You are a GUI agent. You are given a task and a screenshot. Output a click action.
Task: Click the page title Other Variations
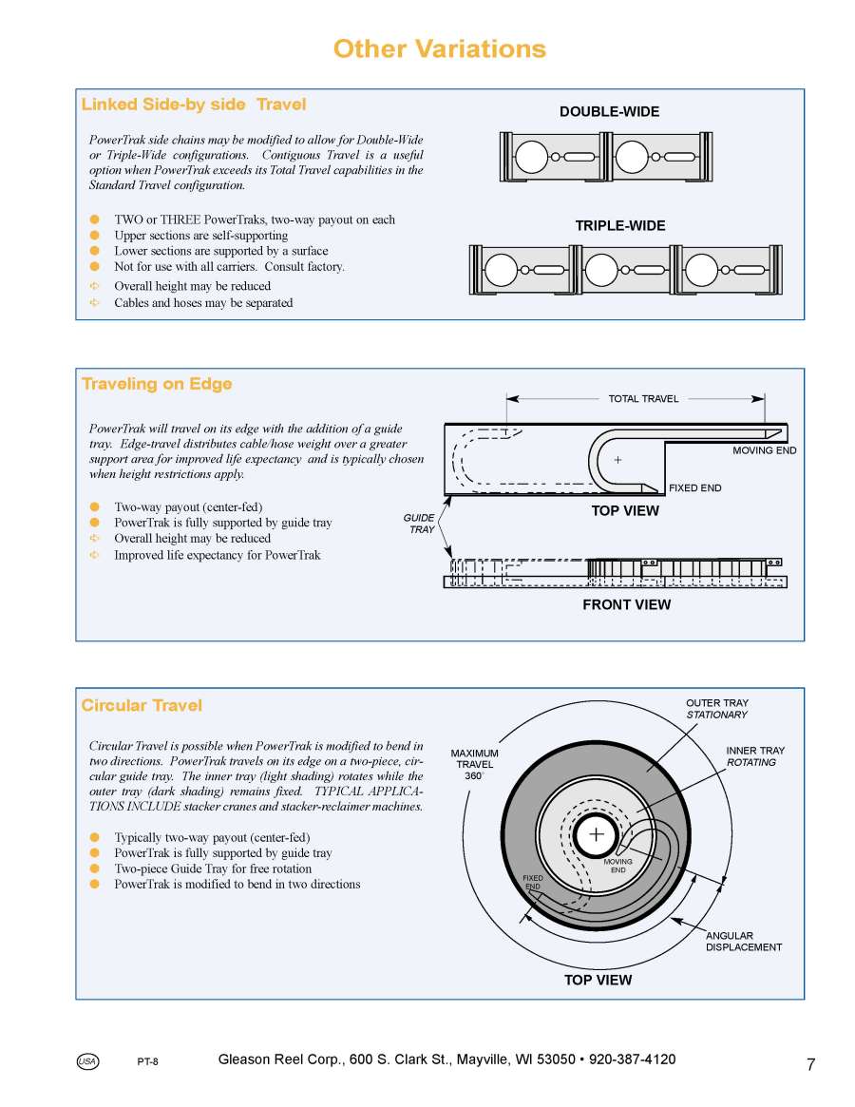tap(440, 49)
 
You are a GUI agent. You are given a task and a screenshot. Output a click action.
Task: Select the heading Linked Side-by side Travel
tap(194, 105)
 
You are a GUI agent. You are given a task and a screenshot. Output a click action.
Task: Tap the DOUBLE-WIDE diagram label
tap(609, 112)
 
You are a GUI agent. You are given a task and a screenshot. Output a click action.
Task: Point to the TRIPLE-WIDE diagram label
tap(620, 226)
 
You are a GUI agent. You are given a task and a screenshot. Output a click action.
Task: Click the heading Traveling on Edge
tap(157, 384)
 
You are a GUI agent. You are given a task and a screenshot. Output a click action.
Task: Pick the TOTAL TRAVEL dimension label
tap(643, 399)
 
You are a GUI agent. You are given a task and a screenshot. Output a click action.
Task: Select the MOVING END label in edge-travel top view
tap(764, 450)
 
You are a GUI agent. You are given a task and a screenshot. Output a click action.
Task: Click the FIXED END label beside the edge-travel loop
tap(694, 488)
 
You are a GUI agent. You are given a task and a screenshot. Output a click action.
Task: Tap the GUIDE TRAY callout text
tap(420, 524)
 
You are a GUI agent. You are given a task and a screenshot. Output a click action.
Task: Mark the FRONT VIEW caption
tap(626, 604)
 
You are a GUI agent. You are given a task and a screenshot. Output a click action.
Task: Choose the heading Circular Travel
tap(142, 705)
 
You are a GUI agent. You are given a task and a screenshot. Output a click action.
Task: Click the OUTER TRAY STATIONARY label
tap(717, 709)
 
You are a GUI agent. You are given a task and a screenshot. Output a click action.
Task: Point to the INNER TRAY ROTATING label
tap(755, 756)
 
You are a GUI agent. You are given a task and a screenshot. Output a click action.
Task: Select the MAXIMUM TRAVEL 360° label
tap(474, 764)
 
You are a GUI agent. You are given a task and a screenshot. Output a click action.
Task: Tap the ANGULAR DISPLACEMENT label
tap(744, 942)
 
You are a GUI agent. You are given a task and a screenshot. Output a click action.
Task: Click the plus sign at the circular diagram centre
tap(597, 834)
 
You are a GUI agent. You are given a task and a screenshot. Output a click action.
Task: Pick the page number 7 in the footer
tap(810, 1065)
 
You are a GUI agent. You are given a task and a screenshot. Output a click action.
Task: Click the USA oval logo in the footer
tap(87, 1061)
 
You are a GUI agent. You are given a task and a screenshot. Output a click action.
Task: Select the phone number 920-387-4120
tap(633, 1059)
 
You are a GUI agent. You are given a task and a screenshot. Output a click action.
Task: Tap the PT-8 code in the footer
tap(147, 1062)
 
